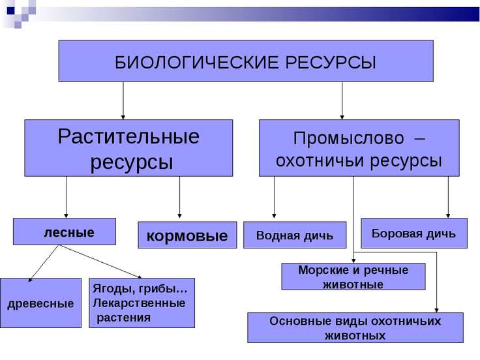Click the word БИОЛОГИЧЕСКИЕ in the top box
[197, 63]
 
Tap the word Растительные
[128, 136]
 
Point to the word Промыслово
[348, 138]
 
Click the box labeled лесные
[65, 232]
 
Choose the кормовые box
[187, 235]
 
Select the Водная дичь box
[295, 235]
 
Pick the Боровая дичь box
[414, 233]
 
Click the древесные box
[40, 303]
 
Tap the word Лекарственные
[139, 303]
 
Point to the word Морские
[323, 270]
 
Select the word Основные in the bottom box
[300, 321]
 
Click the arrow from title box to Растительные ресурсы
[123, 100]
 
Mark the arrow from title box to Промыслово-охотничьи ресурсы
[342, 100]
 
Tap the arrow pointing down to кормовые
[179, 197]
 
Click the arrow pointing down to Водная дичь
[274, 197]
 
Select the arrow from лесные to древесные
[44, 263]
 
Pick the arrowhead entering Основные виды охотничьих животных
[436, 310]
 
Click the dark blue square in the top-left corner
[11, 11]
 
